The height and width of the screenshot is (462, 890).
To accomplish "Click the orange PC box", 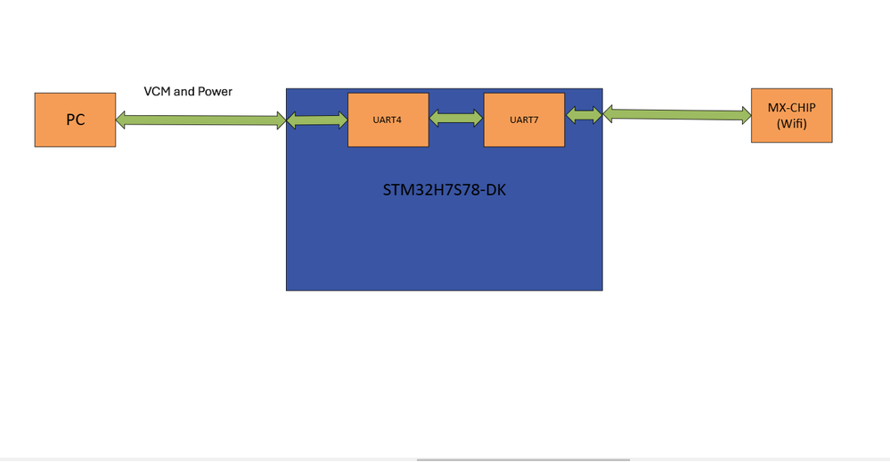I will pos(75,120).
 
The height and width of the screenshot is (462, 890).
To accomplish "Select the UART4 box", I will pos(388,119).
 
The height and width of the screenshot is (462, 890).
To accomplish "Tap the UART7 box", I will pos(524,119).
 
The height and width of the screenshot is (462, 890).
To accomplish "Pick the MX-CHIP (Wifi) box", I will pos(791,115).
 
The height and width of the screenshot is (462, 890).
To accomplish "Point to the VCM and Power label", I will pos(188,91).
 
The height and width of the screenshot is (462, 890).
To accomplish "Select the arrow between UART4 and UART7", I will pos(456,119).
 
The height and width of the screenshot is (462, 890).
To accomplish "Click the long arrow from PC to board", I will pos(200,120).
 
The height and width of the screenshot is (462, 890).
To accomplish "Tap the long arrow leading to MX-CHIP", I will pos(677,114).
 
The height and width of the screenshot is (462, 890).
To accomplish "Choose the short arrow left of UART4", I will pos(316,120).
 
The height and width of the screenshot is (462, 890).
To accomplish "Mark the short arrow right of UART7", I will pos(584,115).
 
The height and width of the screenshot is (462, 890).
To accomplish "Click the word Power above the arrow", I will pos(214,91).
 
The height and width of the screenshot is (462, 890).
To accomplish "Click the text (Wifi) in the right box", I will pos(791,124).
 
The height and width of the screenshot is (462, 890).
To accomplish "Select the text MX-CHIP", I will pos(791,107).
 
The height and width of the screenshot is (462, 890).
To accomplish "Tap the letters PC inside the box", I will pos(75,120).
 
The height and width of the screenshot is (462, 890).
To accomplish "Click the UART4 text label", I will pos(388,119).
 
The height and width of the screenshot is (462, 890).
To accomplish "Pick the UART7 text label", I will pos(524,119).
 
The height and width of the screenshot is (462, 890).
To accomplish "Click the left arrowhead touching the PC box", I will pos(122,120).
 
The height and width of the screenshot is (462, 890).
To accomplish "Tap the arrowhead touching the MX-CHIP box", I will pos(745,114).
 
